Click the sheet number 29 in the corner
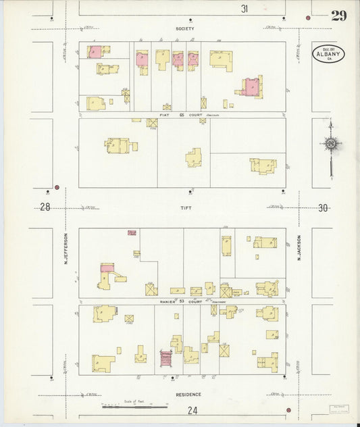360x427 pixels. pos(338,16)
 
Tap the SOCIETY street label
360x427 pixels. pos(184,29)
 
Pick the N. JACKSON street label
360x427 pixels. pos(298,248)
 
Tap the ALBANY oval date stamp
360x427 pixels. pos(328,53)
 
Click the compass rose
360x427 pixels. pos(330,143)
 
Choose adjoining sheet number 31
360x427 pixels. pos(245,9)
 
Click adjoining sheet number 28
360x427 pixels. pos(45,207)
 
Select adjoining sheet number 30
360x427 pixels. pos(323,208)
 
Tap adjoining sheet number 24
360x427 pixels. pos(192,409)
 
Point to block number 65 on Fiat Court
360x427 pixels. pos(182,116)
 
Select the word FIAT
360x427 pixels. pos(163,116)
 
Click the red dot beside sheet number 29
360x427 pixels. pos(308,15)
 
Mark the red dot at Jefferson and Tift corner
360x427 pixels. pos(57,187)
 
